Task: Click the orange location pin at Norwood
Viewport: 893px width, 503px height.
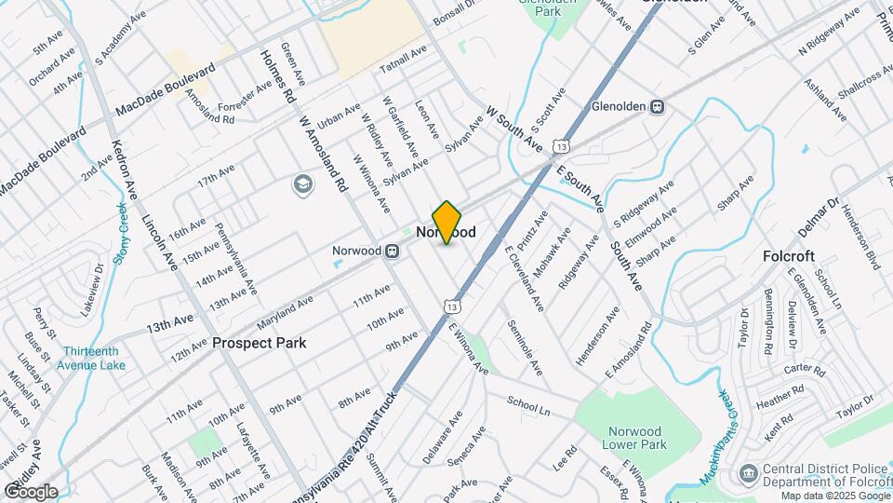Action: [447, 222]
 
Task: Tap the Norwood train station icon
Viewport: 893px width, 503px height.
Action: [393, 251]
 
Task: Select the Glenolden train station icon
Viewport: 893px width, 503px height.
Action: [658, 106]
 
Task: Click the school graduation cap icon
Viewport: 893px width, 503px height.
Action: [302, 184]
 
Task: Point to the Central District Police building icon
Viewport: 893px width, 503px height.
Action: [748, 475]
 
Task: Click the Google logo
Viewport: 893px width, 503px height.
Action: [31, 492]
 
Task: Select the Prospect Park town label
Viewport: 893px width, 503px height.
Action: [259, 343]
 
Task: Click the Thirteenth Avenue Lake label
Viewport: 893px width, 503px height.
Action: [94, 359]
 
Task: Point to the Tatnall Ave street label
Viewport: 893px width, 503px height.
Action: [403, 59]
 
